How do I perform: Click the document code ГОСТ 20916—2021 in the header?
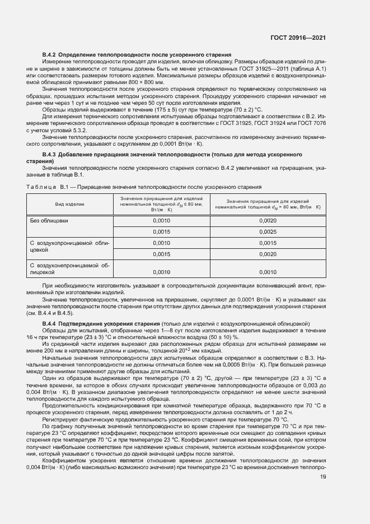(x=297, y=38)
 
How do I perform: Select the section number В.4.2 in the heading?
(x=50, y=54)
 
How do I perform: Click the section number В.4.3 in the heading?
(x=50, y=154)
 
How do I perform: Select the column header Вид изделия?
(x=69, y=204)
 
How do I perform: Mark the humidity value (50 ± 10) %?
(x=219, y=338)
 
